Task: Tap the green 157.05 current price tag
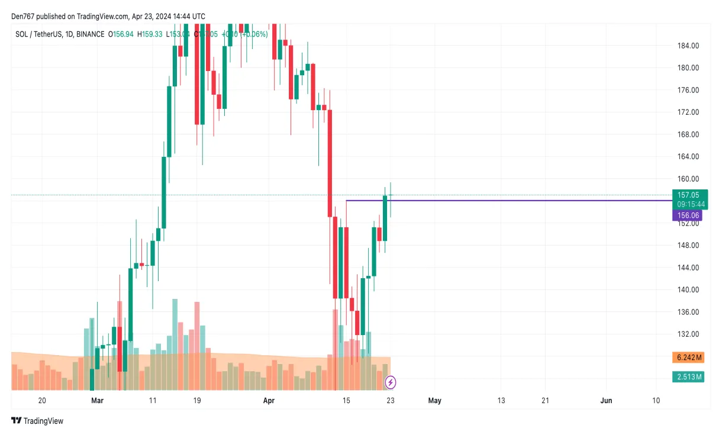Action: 689,195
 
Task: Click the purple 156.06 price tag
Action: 686,216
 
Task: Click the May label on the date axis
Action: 434,401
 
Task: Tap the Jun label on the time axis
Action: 606,401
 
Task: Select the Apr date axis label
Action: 269,401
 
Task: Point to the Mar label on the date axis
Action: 98,401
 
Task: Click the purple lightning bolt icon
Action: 391,382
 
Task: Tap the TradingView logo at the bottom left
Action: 37,421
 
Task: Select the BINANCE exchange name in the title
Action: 90,34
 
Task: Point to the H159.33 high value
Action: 150,34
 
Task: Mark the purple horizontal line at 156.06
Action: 509,201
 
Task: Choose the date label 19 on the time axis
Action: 197,401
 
